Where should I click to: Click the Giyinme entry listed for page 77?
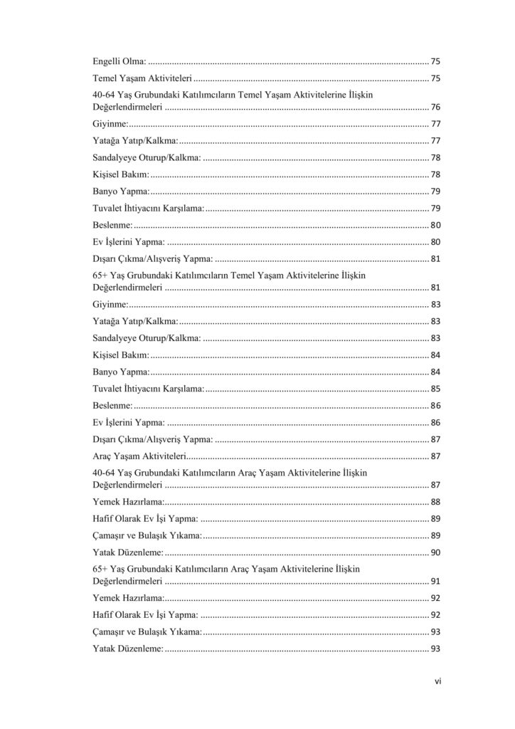(110, 124)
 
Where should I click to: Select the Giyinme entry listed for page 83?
(110, 305)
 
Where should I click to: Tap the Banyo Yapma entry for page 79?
(121, 192)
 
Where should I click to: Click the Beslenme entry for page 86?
(112, 405)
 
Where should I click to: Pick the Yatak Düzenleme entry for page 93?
(128, 649)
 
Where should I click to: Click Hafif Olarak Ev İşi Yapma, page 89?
(145, 518)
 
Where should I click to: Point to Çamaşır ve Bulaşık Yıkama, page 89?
(147, 535)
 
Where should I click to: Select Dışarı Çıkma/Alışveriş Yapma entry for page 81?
(152, 259)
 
